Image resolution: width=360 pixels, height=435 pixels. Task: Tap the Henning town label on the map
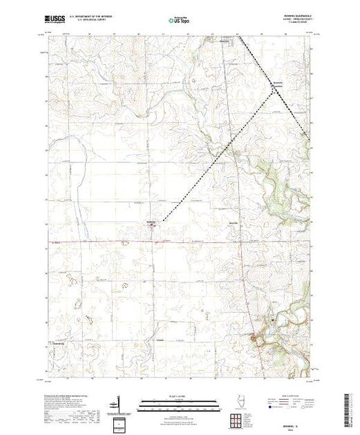click(x=151, y=221)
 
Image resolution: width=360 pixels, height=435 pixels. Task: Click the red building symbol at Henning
click(x=152, y=224)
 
